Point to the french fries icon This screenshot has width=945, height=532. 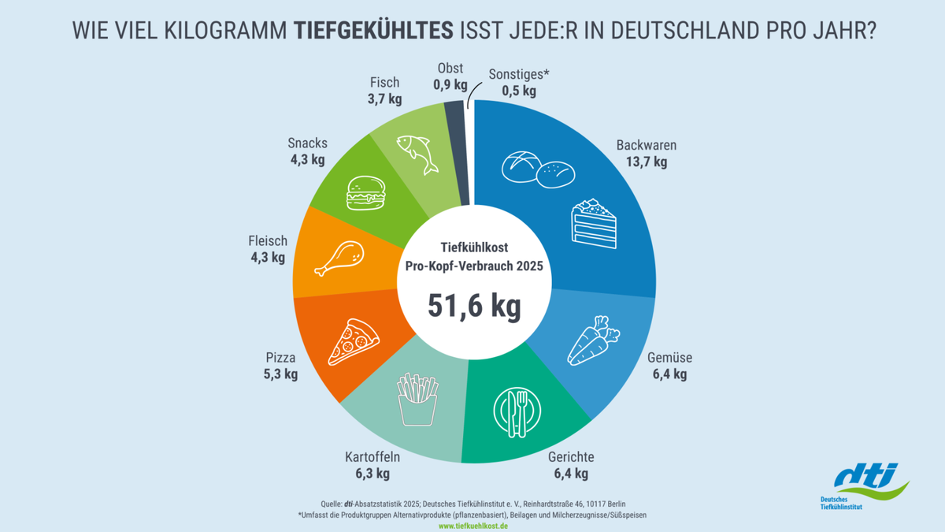(x=417, y=399)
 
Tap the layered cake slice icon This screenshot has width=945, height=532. (x=595, y=225)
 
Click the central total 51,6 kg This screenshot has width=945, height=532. (x=474, y=306)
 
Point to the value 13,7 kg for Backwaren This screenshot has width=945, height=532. (x=647, y=162)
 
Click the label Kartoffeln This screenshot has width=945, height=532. (x=372, y=457)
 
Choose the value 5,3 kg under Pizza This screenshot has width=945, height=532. (x=281, y=374)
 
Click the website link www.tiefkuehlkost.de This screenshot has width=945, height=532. (x=472, y=526)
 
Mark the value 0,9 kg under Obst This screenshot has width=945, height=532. (x=450, y=85)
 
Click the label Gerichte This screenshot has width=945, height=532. (x=571, y=457)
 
